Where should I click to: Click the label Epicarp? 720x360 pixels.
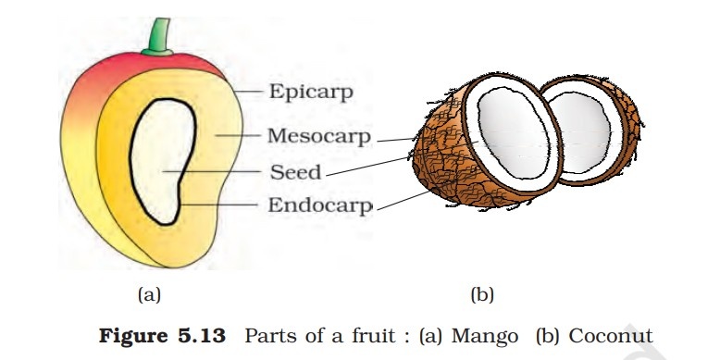[311, 93]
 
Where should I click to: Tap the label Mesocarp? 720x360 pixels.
[318, 136]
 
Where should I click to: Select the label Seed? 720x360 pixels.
[295, 173]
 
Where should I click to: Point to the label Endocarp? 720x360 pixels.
[319, 205]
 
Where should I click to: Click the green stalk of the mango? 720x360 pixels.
[159, 38]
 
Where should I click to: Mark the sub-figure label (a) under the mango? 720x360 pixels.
[149, 295]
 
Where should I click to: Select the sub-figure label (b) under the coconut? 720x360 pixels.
[482, 295]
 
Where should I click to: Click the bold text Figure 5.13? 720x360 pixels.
[163, 336]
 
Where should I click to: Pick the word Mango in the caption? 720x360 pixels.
[485, 337]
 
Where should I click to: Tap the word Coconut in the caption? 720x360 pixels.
[611, 336]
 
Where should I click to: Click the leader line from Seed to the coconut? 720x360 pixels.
[367, 167]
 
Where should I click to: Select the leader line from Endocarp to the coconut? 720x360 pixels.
[404, 201]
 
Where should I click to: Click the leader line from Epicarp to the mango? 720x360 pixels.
[248, 92]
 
